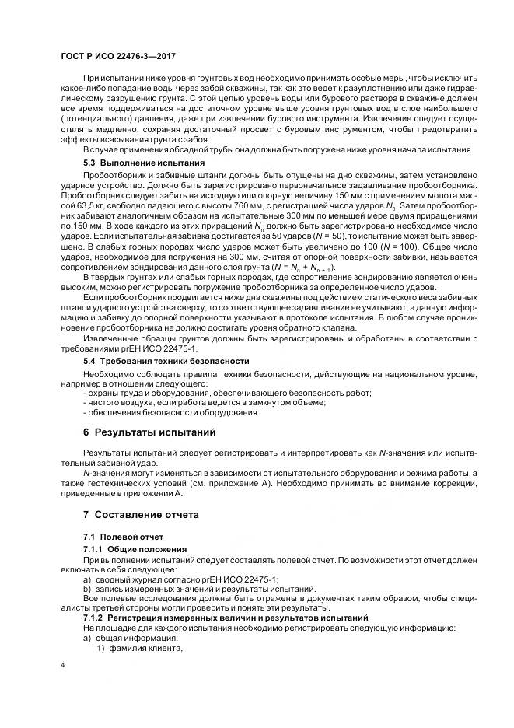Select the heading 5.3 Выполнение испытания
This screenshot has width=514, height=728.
[144, 163]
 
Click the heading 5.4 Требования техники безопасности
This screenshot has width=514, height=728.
[166, 361]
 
